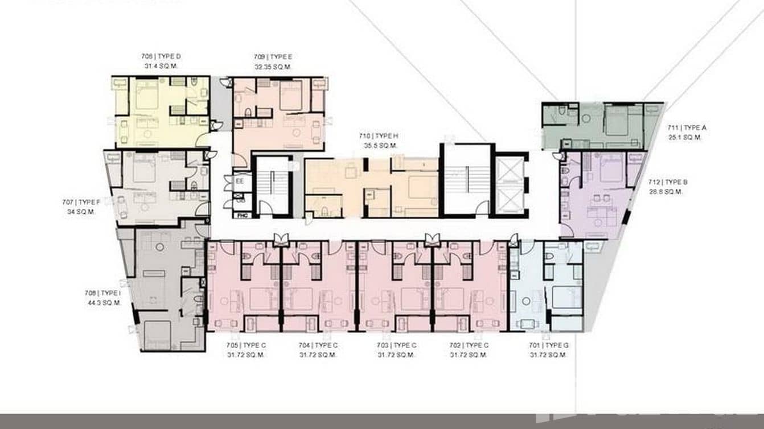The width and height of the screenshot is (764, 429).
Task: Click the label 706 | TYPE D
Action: [161, 56]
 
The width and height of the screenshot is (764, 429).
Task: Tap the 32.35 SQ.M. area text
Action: [273, 67]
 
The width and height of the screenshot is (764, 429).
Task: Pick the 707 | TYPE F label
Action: [81, 202]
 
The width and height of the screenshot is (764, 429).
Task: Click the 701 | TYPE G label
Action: [548, 345]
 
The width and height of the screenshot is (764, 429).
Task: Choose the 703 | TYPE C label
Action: [397, 345]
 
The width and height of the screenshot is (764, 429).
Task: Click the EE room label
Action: [240, 181]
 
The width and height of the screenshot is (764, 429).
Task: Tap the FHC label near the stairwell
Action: [241, 216]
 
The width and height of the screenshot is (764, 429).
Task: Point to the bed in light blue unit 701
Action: [566, 298]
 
